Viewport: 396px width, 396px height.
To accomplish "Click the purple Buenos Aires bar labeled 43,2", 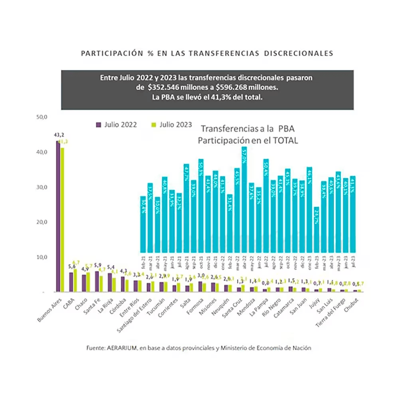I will [58, 216].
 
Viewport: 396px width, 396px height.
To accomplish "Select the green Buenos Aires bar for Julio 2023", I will [62, 220].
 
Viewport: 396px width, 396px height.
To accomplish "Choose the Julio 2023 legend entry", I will [172, 125].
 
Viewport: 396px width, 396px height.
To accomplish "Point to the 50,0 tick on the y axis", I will [42, 117].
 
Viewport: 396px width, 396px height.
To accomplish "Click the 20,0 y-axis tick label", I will [42, 222].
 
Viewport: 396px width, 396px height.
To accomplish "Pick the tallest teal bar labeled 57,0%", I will [244, 200].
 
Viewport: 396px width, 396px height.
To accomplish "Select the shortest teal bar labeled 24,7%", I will [316, 230].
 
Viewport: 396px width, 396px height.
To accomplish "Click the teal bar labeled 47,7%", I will [186, 208].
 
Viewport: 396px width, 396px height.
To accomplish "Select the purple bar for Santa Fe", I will [97, 281].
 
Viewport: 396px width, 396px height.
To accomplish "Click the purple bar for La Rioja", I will [110, 282].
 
